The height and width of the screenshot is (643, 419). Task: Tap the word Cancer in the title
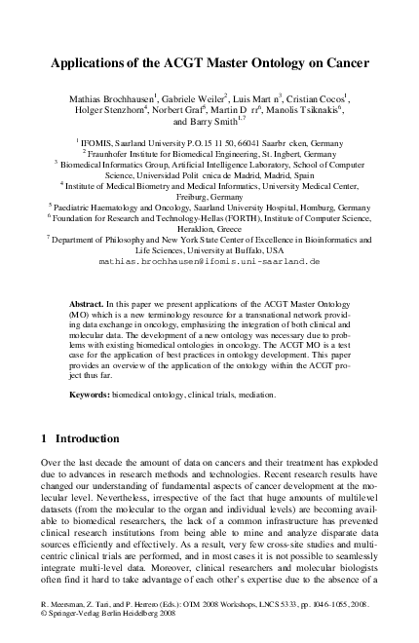point(344,64)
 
